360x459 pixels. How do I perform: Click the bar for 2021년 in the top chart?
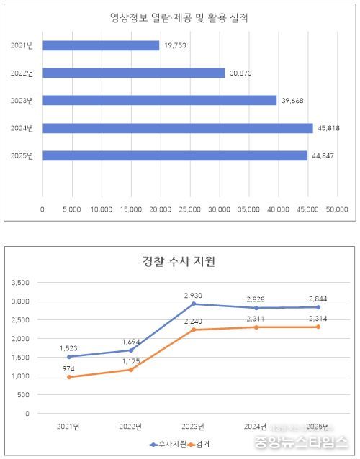tap(101, 45)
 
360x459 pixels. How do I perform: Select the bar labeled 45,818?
tap(178, 128)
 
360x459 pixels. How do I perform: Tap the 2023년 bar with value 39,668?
tap(160, 100)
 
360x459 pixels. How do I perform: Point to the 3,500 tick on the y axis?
tap(20, 283)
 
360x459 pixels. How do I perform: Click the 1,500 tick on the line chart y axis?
tap(20, 358)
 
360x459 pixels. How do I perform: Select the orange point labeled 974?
tap(69, 377)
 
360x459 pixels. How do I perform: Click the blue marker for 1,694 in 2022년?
tap(130, 350)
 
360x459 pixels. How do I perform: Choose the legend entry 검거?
tap(195, 445)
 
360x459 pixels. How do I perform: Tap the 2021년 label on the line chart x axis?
tap(69, 427)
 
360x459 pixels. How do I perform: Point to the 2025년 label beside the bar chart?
tap(22, 155)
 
